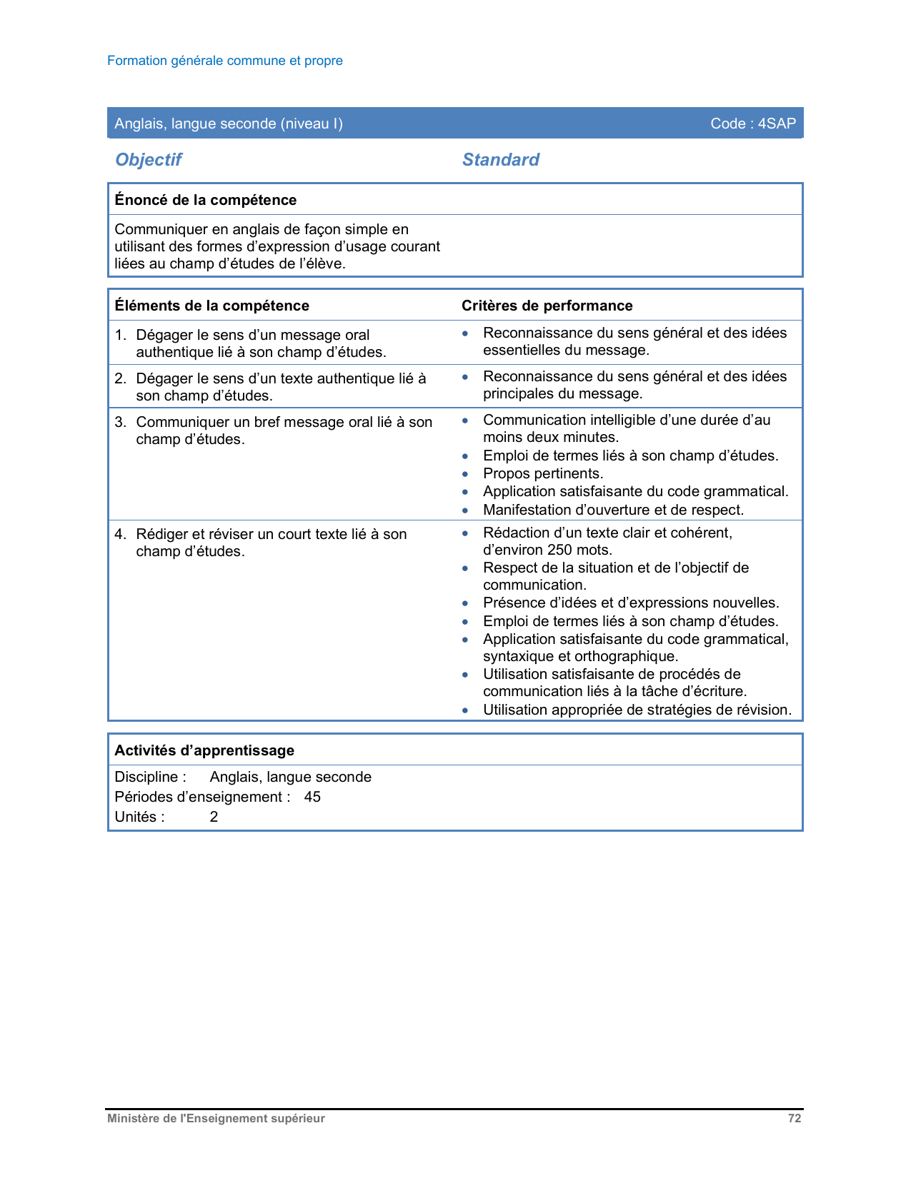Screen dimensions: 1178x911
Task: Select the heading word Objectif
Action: pyautogui.click(x=149, y=160)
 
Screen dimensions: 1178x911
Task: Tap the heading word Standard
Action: pyautogui.click(x=500, y=160)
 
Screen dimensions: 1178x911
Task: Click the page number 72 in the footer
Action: pyautogui.click(x=795, y=1119)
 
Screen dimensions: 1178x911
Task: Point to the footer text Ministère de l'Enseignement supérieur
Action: pyautogui.click(x=216, y=1119)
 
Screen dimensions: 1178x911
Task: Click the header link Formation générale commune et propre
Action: pyautogui.click(x=225, y=61)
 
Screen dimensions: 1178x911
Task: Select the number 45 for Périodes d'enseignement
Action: pyautogui.click(x=312, y=797)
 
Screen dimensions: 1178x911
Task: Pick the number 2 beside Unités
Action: pyautogui.click(x=214, y=817)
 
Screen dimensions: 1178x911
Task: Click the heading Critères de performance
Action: pyautogui.click(x=547, y=306)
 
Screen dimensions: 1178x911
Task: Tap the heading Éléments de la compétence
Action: pyautogui.click(x=211, y=306)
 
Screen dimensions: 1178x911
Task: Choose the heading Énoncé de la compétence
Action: pyautogui.click(x=205, y=200)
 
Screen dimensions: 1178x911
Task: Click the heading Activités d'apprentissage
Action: pyautogui.click(x=204, y=750)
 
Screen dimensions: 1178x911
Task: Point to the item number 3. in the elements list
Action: pyautogui.click(x=120, y=422)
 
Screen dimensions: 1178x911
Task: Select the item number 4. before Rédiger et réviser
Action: pyautogui.click(x=120, y=534)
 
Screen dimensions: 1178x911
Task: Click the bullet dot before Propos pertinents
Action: pyautogui.click(x=465, y=474)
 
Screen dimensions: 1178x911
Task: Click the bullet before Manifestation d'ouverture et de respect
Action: pyautogui.click(x=465, y=510)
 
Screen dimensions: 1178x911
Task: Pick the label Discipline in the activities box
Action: pyautogui.click(x=146, y=777)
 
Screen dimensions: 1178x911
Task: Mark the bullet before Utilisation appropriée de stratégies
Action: pyautogui.click(x=465, y=710)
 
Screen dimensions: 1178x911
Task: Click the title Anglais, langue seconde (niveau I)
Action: pyautogui.click(x=229, y=124)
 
